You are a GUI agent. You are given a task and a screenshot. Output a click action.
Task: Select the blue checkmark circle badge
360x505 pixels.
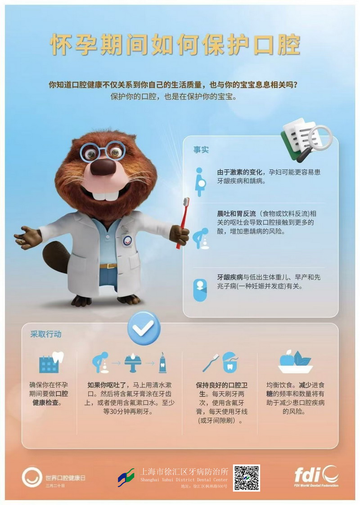click(x=144, y=328)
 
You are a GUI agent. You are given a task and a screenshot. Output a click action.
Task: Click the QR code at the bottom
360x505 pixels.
click(x=246, y=478)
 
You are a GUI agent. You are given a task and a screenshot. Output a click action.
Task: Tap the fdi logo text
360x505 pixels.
click(x=308, y=474)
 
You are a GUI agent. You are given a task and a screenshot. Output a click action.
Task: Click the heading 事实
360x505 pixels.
click(x=201, y=149)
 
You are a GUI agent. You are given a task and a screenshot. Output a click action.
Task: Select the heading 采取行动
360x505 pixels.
click(x=46, y=334)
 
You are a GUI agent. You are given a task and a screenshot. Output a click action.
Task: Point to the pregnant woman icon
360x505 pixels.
click(x=200, y=182)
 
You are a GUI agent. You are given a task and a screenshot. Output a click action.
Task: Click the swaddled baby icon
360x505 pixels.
click(x=200, y=290)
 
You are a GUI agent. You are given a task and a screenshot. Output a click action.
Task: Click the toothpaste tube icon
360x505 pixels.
click(x=162, y=363)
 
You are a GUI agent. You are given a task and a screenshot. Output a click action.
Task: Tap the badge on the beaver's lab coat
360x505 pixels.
click(x=127, y=239)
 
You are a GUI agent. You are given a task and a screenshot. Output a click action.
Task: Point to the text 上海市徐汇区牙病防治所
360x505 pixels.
click(x=184, y=472)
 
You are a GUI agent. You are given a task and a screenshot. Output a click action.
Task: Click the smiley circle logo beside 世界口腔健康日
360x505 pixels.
click(x=32, y=477)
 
